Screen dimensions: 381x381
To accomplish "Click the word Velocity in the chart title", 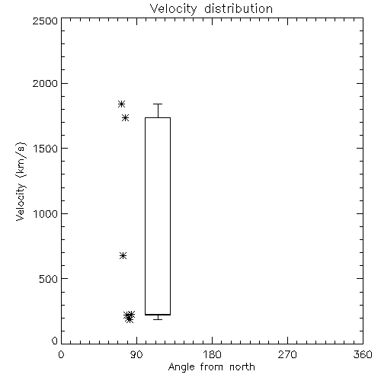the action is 174,9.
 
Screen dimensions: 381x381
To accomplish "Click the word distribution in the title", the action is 239,8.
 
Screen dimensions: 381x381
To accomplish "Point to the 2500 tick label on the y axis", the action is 45,21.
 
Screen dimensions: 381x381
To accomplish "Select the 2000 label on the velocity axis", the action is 45,84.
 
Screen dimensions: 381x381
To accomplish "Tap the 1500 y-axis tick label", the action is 46,149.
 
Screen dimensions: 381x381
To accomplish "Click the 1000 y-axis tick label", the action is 46,214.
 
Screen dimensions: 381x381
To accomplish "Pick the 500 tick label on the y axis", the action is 49,279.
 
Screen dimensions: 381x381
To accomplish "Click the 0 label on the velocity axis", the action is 55,341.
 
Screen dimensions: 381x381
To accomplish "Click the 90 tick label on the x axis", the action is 137,354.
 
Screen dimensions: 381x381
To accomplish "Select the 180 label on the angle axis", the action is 212,354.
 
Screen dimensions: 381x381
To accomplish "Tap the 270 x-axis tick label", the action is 287,354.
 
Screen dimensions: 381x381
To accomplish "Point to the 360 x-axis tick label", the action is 363,354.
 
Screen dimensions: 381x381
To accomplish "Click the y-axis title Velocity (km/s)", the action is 21,181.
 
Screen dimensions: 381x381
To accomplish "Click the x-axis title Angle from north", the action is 212,367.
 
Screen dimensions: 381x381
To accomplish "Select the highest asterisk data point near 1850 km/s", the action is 121,104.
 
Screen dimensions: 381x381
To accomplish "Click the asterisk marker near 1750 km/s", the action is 125,117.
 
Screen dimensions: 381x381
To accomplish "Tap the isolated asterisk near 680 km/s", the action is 123,255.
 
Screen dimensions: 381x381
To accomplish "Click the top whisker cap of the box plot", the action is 158,104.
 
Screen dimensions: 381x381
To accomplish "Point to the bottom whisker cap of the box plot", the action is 158,319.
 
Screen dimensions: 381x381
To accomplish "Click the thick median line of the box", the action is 158,315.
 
